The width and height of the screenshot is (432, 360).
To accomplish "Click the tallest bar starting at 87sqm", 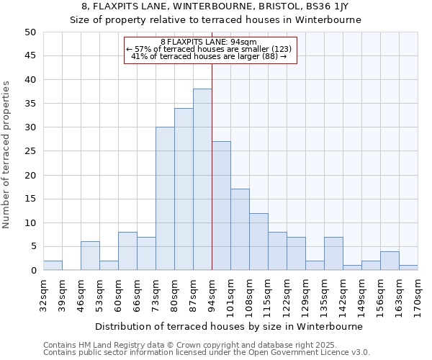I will (202, 180).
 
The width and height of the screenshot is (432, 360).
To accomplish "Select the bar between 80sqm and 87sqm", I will (184, 189).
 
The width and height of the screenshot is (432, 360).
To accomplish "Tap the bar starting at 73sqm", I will (165, 199).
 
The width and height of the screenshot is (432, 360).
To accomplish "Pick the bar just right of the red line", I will (221, 206).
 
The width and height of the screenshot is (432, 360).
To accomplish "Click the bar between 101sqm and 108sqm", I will (240, 230).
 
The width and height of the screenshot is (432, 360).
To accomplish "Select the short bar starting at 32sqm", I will (53, 266).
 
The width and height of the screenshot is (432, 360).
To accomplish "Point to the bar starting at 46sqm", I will (90, 256).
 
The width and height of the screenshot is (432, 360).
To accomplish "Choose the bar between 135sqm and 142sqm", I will (333, 253).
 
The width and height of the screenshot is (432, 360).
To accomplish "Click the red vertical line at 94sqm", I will (212, 166).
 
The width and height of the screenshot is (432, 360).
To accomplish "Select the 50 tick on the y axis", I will (30, 32).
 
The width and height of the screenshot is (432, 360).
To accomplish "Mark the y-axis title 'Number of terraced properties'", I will (7, 154).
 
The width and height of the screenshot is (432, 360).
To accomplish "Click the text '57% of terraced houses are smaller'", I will (209, 49).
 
